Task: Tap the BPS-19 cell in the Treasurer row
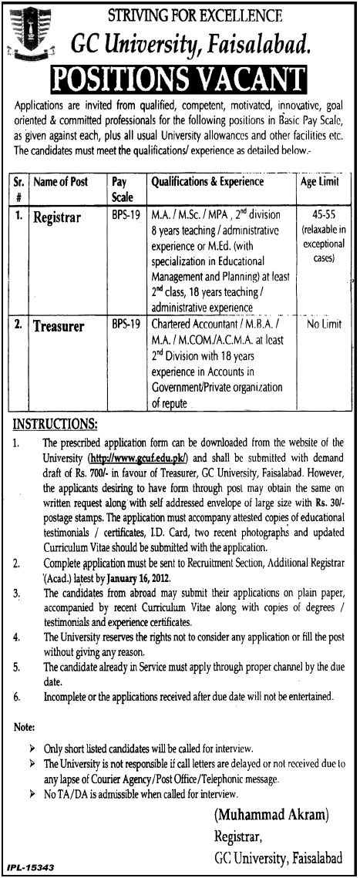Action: click(125, 326)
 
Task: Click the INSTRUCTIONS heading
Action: click(53, 425)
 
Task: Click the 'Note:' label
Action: click(25, 726)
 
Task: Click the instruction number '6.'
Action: click(19, 695)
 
